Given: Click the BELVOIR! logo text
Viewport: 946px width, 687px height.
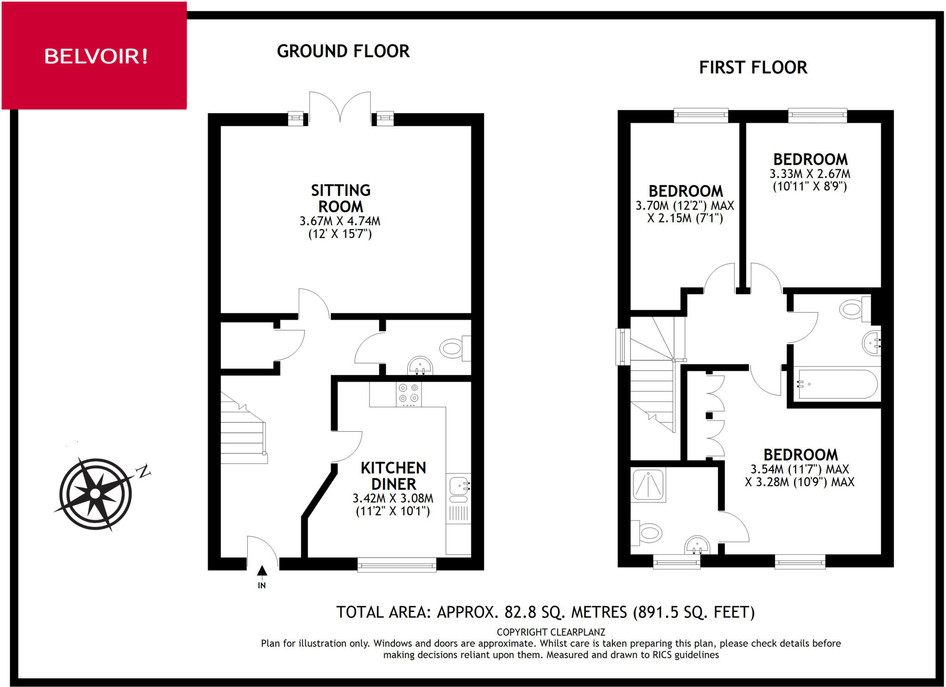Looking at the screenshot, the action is tap(96, 56).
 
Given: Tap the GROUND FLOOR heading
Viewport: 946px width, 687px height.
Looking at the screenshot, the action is tap(343, 51).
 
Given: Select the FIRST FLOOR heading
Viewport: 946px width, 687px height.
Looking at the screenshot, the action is tap(753, 68).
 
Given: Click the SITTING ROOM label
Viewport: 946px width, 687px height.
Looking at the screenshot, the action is tap(341, 198).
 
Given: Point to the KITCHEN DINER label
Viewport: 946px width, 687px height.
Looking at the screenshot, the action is tap(394, 476).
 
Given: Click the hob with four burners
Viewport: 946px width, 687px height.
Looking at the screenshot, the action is tap(409, 394).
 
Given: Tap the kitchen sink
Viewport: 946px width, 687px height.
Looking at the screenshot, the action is tap(459, 489).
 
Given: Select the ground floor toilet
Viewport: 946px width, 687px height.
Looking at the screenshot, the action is tap(455, 348).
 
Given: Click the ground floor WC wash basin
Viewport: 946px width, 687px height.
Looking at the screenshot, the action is tap(420, 366).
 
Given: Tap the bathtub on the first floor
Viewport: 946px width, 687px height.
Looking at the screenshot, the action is tap(837, 384).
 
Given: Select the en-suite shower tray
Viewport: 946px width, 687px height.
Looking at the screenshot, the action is tap(649, 484).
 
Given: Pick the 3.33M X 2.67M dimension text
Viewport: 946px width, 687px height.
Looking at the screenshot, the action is tap(810, 174).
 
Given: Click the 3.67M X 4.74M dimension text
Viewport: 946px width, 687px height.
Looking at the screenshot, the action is tap(340, 221).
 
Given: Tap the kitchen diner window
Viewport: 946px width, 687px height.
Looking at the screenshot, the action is tap(397, 565).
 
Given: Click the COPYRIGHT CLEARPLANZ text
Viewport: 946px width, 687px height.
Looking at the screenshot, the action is tap(551, 632).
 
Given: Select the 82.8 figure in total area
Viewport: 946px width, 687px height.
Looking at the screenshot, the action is tap(520, 612).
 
